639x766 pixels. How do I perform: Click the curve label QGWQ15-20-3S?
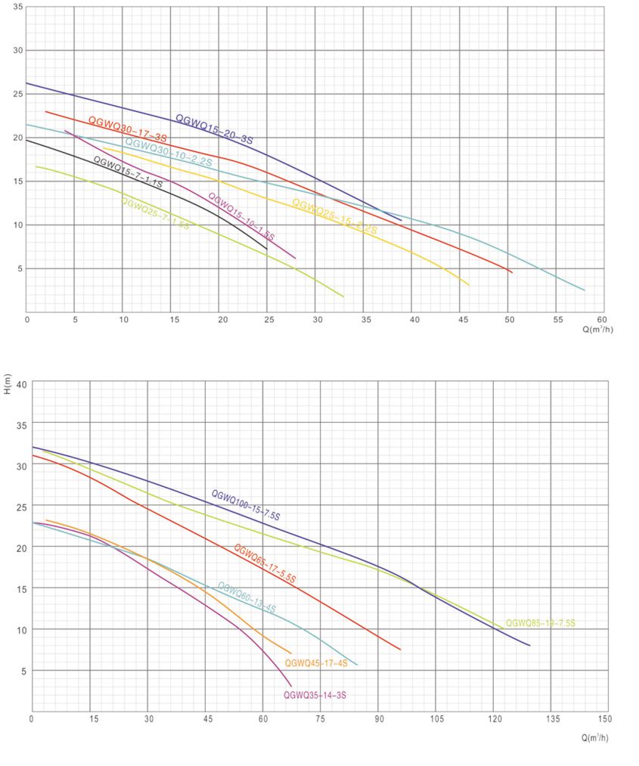point(214,129)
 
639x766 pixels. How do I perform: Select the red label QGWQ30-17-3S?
point(127,129)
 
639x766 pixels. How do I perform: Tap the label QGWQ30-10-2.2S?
point(168,152)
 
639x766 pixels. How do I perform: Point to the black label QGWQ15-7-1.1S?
point(128,172)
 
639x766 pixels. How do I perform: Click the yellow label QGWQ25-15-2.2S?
point(334,216)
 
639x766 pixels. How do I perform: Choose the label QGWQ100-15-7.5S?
point(246,505)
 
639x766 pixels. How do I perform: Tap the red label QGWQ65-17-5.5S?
point(264,563)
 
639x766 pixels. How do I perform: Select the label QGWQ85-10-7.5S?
point(540,623)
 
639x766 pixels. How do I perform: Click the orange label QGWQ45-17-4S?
point(316,663)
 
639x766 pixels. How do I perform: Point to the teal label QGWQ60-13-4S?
point(247,597)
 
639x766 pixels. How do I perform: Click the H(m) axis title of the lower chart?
point(8,385)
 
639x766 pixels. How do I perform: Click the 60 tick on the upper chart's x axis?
point(603,319)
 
